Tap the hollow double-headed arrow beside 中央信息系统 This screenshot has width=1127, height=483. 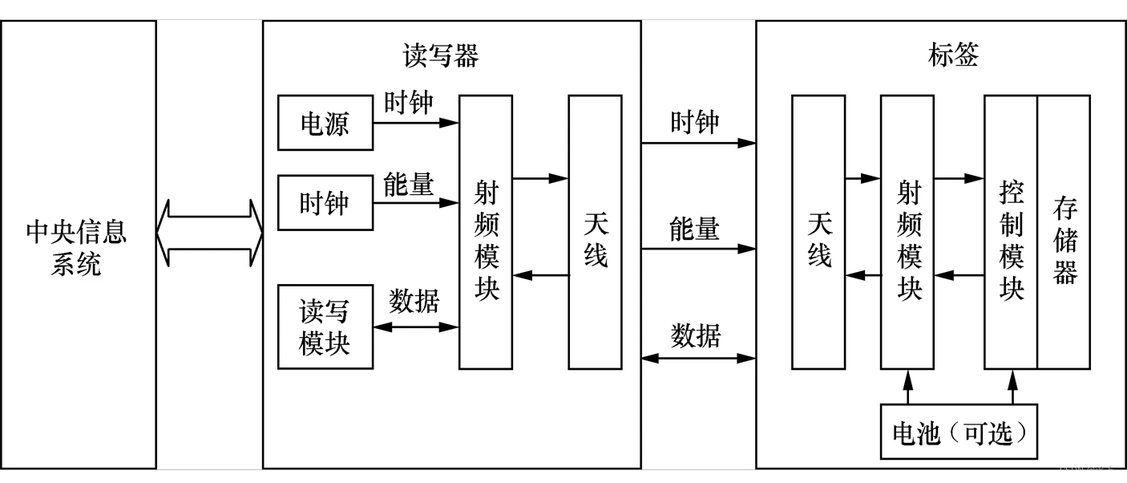pos(209,233)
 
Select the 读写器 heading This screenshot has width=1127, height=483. pos(440,55)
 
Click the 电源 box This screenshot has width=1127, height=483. pos(325,123)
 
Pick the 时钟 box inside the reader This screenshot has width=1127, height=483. pos(325,203)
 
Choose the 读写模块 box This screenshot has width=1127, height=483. pos(325,327)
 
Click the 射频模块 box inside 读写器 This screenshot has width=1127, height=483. pos(486,233)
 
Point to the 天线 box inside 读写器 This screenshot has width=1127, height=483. pos(595,233)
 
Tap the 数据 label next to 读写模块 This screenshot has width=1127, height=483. pos(414,301)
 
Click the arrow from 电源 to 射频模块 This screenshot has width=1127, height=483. pos(416,123)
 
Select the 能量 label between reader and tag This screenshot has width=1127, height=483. pos(695,229)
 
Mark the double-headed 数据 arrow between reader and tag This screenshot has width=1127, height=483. pos(698,358)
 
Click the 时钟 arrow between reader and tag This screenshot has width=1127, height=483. pos(698,144)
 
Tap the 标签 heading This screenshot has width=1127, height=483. pos(953,55)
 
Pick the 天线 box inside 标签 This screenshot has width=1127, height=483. pos(818,233)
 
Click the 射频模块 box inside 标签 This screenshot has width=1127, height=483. pos(907,233)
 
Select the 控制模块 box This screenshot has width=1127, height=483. pos(1011,233)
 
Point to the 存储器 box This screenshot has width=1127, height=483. pos(1064,233)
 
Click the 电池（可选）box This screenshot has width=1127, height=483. pos(959,432)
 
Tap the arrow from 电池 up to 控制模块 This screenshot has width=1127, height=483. pos(1012,387)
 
